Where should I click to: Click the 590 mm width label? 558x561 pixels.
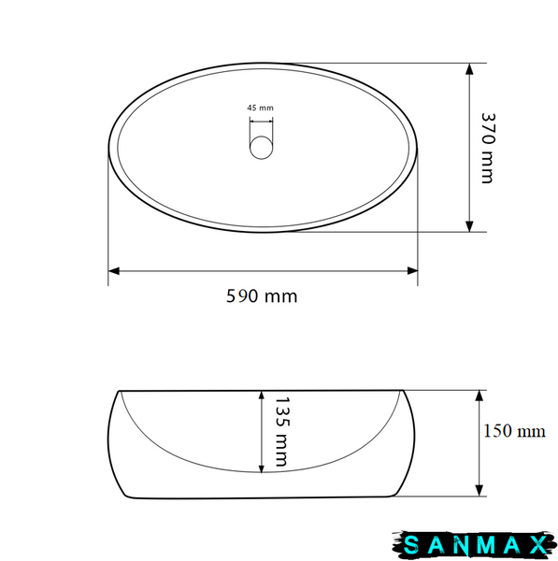(x=262, y=296)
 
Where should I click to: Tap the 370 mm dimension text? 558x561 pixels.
(x=488, y=148)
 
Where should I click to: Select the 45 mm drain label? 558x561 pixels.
(x=260, y=108)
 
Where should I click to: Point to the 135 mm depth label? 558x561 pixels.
(x=281, y=431)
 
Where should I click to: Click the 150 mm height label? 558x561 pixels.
(x=514, y=431)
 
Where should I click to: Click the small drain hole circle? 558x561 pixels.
(x=261, y=147)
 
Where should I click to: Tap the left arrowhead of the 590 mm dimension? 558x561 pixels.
(x=114, y=271)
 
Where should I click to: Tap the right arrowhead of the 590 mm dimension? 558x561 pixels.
(x=412, y=271)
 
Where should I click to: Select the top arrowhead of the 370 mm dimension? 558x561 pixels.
(x=469, y=69)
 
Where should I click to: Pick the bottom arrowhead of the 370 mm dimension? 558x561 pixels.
(x=469, y=226)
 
